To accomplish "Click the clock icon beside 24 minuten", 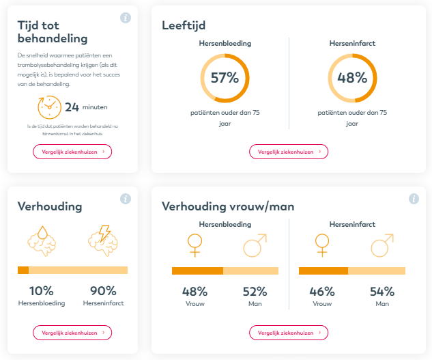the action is coord(49,107).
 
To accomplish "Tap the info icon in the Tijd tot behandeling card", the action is coord(126,18).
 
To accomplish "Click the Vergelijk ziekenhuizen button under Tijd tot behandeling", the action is coord(72,152).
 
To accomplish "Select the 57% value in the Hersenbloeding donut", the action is coord(225,78).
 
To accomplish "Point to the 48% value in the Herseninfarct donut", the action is coord(352,78).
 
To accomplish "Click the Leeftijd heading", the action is coord(184,25).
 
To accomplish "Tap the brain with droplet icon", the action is coord(42,241).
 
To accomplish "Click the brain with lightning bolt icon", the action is coord(103,241).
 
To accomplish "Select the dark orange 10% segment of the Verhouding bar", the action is coord(23,270).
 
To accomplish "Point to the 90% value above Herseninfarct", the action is coord(103,291).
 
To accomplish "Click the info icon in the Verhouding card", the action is coord(126,199).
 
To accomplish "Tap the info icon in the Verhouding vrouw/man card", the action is coord(414,199).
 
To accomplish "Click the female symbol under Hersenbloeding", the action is coord(195,245).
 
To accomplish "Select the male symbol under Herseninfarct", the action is coord(382,245).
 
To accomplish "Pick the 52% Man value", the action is coord(255,292).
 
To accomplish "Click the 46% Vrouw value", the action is coord(322,292).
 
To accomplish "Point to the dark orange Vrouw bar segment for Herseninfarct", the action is coord(323,271).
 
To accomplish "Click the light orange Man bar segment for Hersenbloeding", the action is coord(250,271).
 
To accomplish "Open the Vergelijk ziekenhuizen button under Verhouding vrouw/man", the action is coord(289,333).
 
